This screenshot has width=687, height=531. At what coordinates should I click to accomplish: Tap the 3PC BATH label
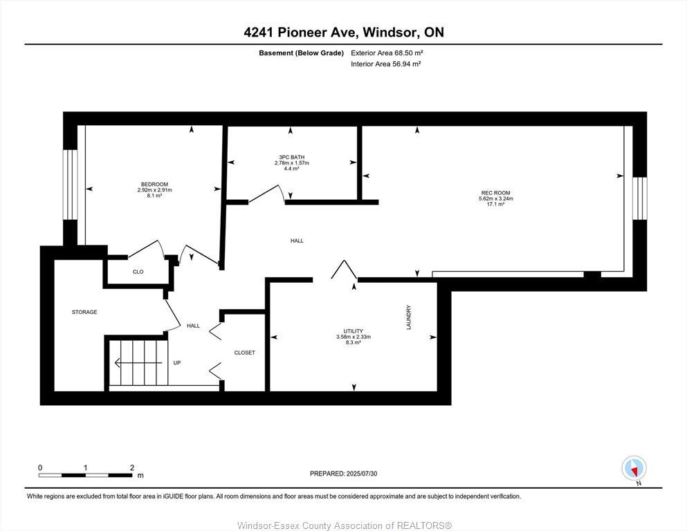click(x=291, y=157)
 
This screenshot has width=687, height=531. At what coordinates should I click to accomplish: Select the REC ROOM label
click(x=495, y=193)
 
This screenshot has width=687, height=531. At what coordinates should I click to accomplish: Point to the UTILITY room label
click(x=354, y=331)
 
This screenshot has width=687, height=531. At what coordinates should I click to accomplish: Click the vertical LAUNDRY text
click(x=409, y=317)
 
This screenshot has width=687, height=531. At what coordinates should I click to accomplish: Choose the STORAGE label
click(x=84, y=313)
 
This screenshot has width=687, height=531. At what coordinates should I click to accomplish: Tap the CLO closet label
click(x=138, y=272)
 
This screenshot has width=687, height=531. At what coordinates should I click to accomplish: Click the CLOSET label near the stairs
click(x=244, y=353)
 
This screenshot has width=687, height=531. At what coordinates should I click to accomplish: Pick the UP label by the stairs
click(x=177, y=362)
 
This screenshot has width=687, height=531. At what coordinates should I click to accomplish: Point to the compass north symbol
click(x=634, y=469)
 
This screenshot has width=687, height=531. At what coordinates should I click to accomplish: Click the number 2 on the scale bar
click(x=131, y=468)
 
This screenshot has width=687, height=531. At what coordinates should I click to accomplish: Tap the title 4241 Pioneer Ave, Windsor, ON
click(x=343, y=32)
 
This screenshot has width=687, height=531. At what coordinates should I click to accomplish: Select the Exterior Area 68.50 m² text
click(x=386, y=53)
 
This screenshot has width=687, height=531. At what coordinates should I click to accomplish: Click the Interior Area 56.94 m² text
click(x=386, y=64)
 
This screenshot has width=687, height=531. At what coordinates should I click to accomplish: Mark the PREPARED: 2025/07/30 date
click(x=343, y=474)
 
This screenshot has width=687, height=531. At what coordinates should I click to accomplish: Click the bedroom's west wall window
click(x=71, y=185)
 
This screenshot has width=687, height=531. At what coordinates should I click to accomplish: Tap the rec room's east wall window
click(x=640, y=197)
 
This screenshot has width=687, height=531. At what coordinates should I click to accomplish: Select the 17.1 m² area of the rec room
click(x=495, y=204)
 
